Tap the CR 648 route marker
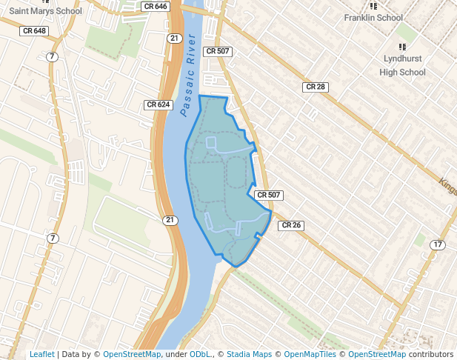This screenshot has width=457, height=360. [36, 31]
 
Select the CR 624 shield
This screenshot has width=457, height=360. [159, 104]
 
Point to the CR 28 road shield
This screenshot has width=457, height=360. [316, 87]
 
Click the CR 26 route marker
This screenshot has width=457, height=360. [291, 225]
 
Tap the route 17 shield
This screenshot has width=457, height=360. [438, 244]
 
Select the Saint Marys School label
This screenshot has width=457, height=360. [44, 11]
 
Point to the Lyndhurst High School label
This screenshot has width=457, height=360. [402, 64]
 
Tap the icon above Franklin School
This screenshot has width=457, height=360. [374, 6]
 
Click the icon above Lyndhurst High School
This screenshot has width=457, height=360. [402, 46]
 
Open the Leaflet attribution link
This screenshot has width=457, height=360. [41, 354]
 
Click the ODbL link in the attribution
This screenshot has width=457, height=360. [200, 354]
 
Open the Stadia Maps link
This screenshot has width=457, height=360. [248, 354]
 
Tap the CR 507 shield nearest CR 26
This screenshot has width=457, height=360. [269, 195]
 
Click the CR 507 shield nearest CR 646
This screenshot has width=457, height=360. [218, 51]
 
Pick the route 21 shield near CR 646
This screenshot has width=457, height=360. [174, 38]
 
